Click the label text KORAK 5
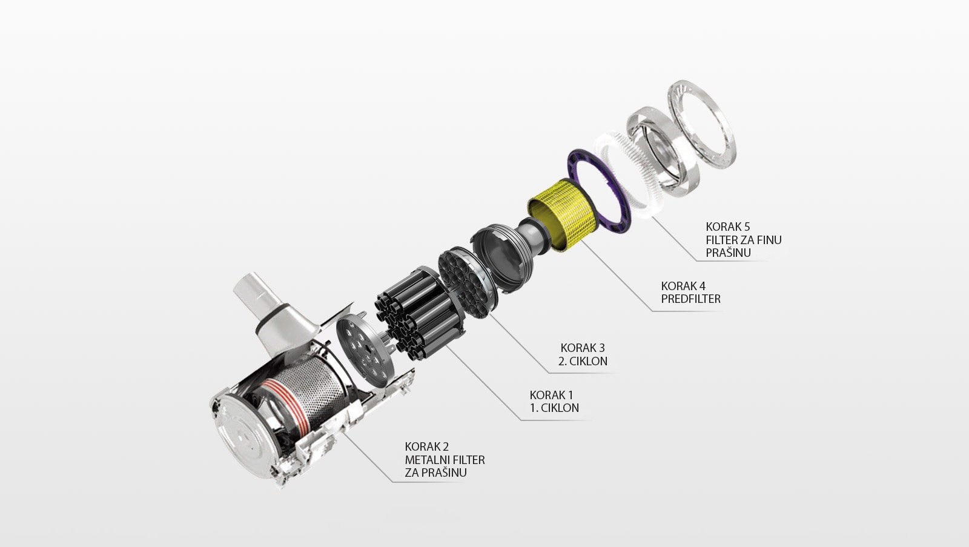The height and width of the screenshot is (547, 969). coord(727,227)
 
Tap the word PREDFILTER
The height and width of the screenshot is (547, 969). coord(691,299)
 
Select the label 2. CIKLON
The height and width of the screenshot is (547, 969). coord(583,361)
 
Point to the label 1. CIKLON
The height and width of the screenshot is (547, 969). coord(554,408)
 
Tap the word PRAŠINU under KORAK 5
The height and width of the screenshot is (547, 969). coord(728,252)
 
